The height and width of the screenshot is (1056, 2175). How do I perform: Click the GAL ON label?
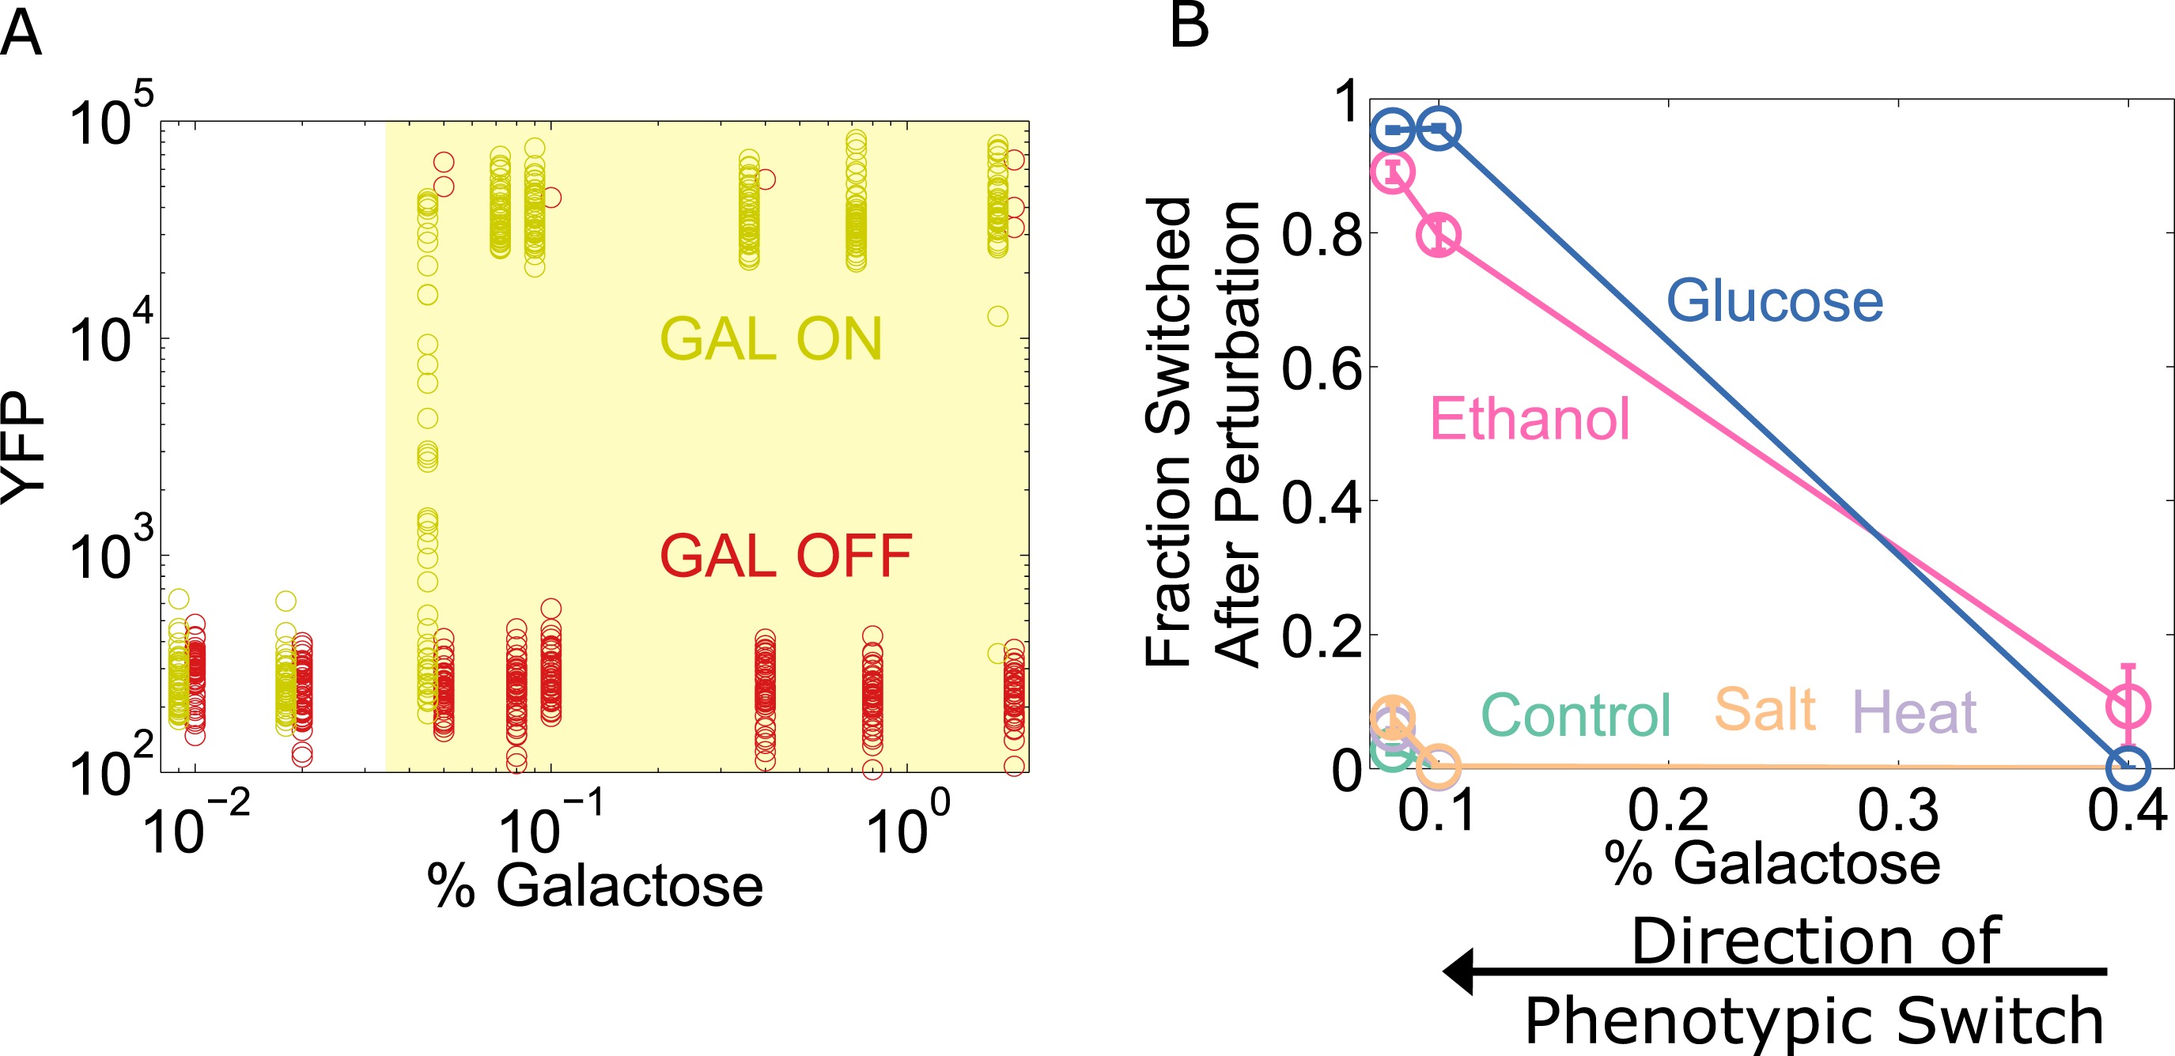770,339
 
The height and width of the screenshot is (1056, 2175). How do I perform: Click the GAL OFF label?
785,557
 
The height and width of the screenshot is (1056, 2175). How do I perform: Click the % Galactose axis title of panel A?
595,886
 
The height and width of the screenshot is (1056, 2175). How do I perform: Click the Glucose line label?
1774,301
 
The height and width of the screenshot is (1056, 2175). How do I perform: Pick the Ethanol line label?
1528,420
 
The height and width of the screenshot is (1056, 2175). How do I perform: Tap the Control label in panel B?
1575,716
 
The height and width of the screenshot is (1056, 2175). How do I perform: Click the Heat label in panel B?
1914,712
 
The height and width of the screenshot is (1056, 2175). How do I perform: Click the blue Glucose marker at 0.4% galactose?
2127,767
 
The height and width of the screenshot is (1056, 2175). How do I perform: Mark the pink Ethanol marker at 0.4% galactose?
2127,706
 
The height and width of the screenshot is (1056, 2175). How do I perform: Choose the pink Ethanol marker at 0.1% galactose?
1438,235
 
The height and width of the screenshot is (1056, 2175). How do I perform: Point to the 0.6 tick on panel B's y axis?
1322,369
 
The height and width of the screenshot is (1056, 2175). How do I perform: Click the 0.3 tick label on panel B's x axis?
1897,810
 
